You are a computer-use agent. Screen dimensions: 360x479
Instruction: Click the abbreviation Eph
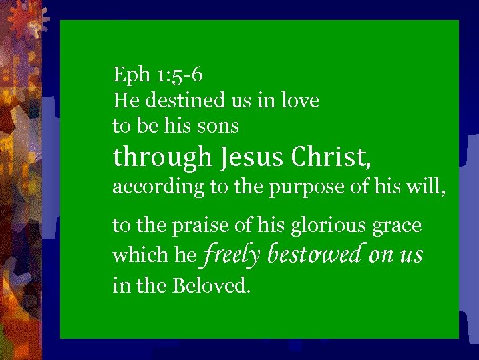(132, 75)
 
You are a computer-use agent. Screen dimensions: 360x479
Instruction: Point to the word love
(300, 101)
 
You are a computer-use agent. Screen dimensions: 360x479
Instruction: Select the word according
(159, 188)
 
